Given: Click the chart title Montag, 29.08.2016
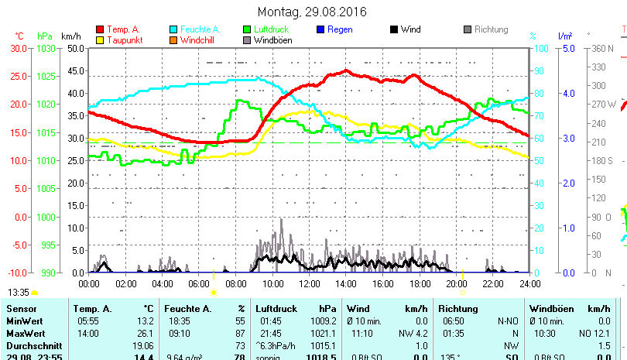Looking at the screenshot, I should (312, 12).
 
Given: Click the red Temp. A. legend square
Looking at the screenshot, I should (99, 29).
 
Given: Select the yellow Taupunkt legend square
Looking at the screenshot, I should (99, 39).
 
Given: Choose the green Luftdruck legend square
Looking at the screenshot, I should (247, 29).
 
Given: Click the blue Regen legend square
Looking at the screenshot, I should (320, 29).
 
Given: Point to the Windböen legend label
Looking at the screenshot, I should (272, 39).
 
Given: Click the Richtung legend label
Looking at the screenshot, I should (491, 29).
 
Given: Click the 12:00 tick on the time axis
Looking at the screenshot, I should (309, 283).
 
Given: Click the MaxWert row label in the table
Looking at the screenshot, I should (23, 333).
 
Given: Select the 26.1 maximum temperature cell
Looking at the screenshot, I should (145, 333).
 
